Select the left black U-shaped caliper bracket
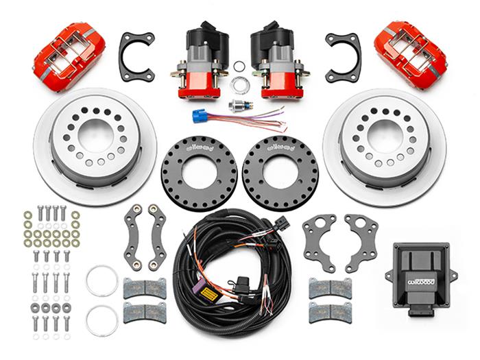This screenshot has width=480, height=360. [136, 57]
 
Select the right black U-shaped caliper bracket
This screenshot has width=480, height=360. [343, 57]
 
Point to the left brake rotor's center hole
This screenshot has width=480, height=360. [95, 134]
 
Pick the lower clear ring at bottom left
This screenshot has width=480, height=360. [101, 320]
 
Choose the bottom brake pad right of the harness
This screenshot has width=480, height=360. [330, 312]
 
